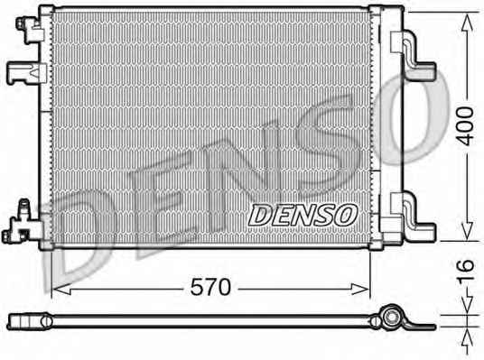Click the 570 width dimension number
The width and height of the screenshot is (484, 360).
pyautogui.click(x=210, y=287)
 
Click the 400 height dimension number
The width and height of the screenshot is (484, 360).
pyautogui.click(x=465, y=126)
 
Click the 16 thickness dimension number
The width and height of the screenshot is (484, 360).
pyautogui.click(x=465, y=270)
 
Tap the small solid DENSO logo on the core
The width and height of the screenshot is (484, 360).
pyautogui.click(x=302, y=216)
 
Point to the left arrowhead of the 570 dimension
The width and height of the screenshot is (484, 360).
pyautogui.click(x=61, y=290)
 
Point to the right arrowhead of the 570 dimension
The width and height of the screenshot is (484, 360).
pyautogui.click(x=360, y=290)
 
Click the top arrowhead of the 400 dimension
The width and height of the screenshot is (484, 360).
pyautogui.click(x=467, y=23)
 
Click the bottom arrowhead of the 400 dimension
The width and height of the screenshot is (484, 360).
pyautogui.click(x=468, y=231)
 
